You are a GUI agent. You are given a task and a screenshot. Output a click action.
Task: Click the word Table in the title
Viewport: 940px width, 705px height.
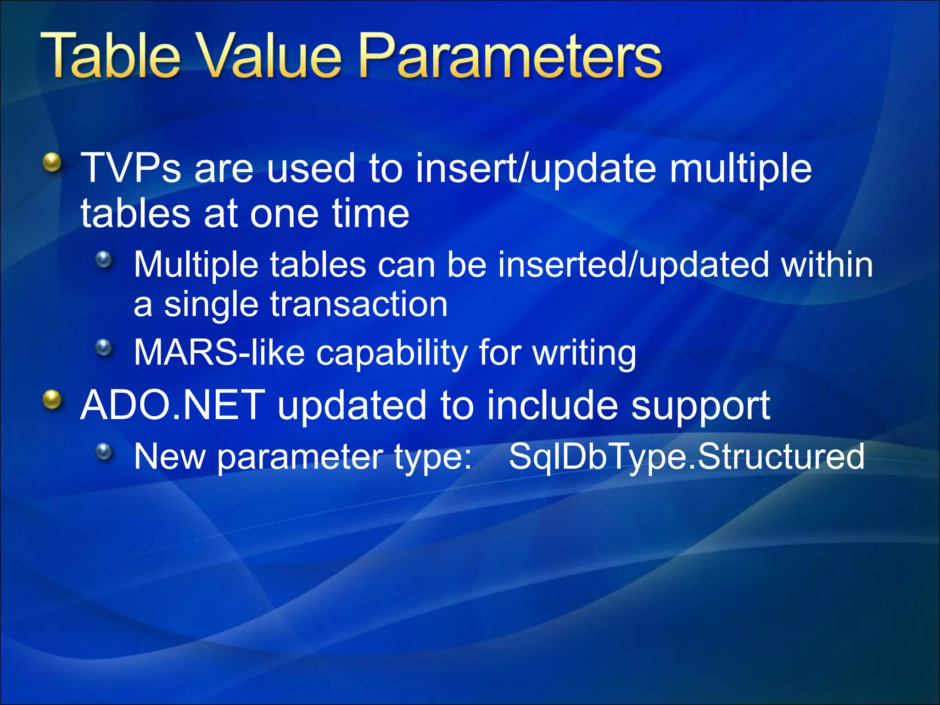[110, 56]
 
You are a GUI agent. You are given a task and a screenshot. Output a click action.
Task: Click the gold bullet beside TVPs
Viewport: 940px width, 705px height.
[53, 163]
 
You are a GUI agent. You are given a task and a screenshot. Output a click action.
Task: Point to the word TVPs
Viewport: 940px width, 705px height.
[131, 168]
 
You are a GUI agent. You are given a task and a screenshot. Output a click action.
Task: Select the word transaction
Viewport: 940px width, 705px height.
[358, 304]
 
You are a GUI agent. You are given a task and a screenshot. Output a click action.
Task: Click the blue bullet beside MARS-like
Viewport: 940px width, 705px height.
[104, 347]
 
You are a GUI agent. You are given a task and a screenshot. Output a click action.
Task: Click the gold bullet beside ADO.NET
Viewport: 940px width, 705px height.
[53, 400]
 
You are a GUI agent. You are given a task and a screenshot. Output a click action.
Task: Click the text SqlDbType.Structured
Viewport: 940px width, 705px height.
[687, 457]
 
